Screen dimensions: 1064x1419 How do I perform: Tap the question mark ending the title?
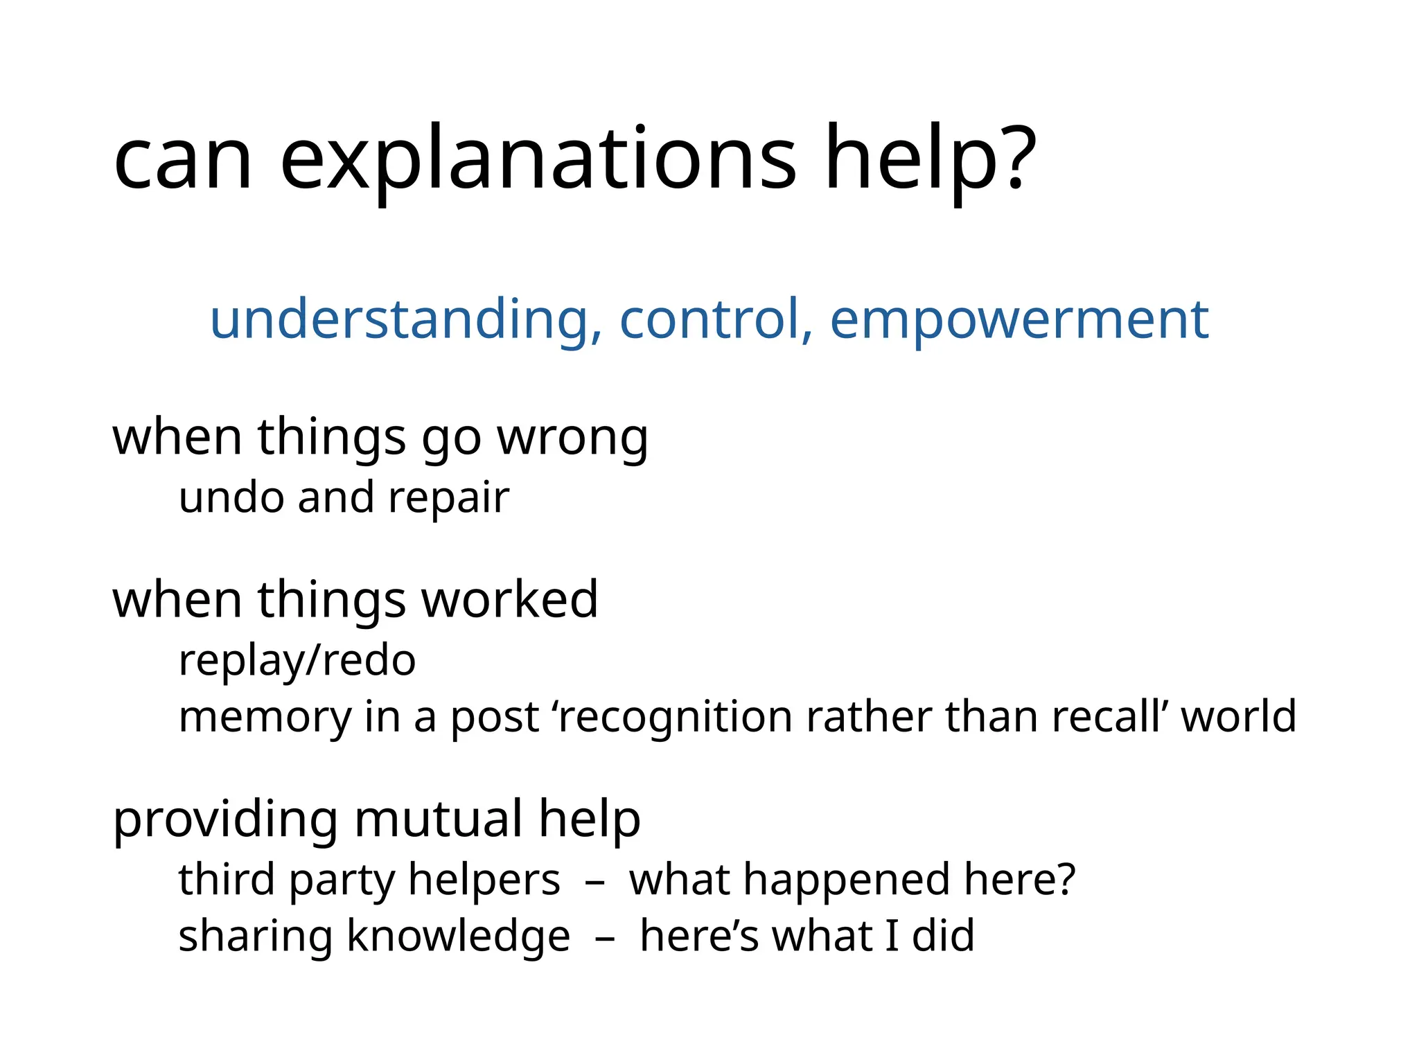coord(1018,158)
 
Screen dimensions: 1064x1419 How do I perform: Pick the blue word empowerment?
coord(1019,320)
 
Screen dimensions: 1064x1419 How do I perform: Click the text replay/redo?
coord(297,661)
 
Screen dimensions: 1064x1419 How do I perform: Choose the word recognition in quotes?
coord(675,716)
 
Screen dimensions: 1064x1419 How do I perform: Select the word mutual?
coord(439,819)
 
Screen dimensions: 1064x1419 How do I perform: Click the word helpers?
coord(484,880)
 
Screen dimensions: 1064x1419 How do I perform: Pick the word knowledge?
coord(458,937)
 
